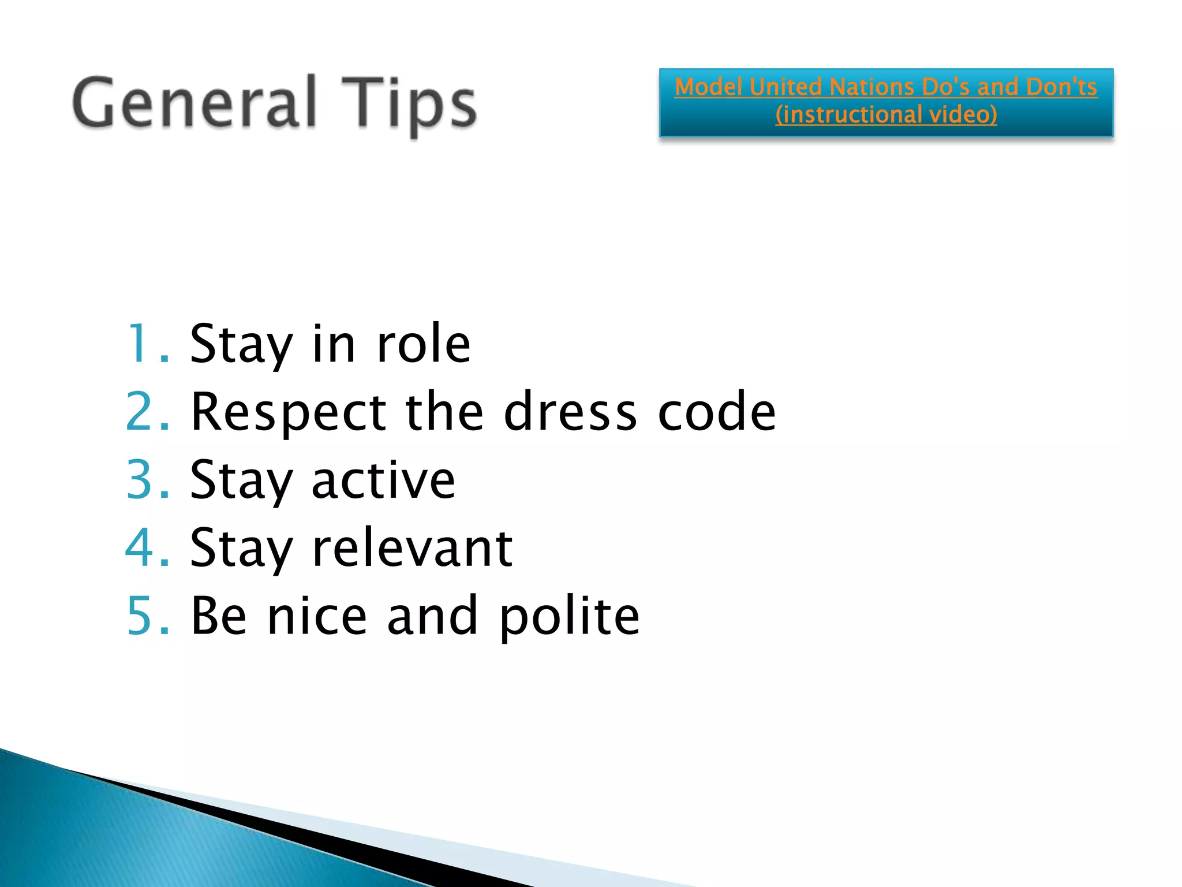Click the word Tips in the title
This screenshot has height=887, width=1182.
point(409,104)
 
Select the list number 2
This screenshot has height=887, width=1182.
point(148,412)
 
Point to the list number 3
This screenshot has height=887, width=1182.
point(148,480)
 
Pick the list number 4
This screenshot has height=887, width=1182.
point(148,547)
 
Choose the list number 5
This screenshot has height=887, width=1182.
point(148,616)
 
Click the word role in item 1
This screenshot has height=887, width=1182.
point(423,344)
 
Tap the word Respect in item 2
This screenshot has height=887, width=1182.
point(288,412)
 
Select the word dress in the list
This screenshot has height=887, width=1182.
point(570,412)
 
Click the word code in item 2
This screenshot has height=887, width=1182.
point(717,412)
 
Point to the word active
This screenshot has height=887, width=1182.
point(383,480)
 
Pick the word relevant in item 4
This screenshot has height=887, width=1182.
point(412,547)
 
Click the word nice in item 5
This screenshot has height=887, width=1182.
point(317,616)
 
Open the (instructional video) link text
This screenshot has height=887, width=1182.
point(886,114)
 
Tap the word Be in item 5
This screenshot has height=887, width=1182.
point(219,616)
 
